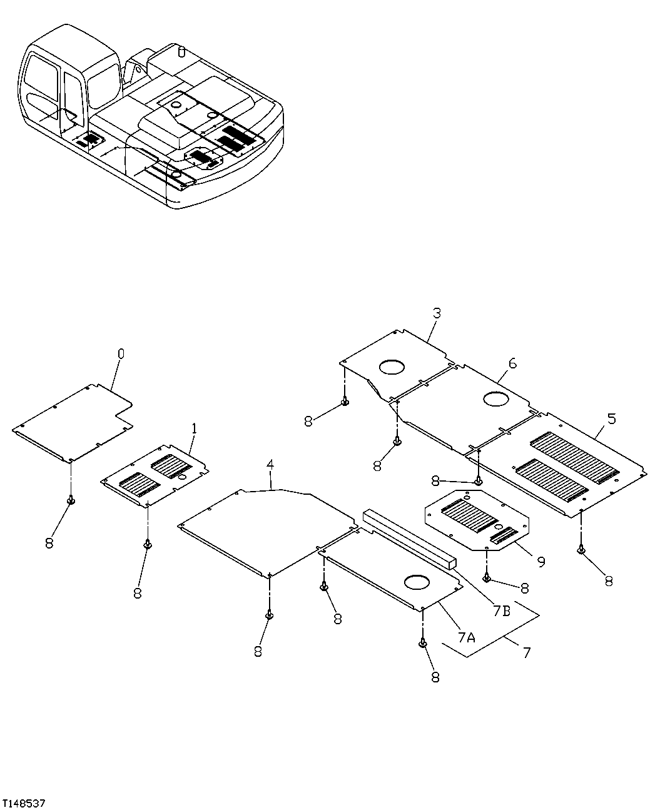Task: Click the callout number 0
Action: click(x=121, y=354)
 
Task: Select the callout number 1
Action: click(x=194, y=428)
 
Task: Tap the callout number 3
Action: click(x=436, y=313)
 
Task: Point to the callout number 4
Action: click(x=270, y=465)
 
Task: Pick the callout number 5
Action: click(x=611, y=418)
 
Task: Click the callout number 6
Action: click(x=512, y=363)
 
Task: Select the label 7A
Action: click(x=467, y=637)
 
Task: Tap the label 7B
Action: click(x=502, y=611)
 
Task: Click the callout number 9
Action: click(x=541, y=562)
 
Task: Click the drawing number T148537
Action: click(x=24, y=802)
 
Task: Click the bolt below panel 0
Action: click(x=71, y=500)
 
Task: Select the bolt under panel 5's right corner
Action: click(x=581, y=550)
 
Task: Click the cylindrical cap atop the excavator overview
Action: click(x=181, y=51)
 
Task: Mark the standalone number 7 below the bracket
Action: click(x=526, y=652)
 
